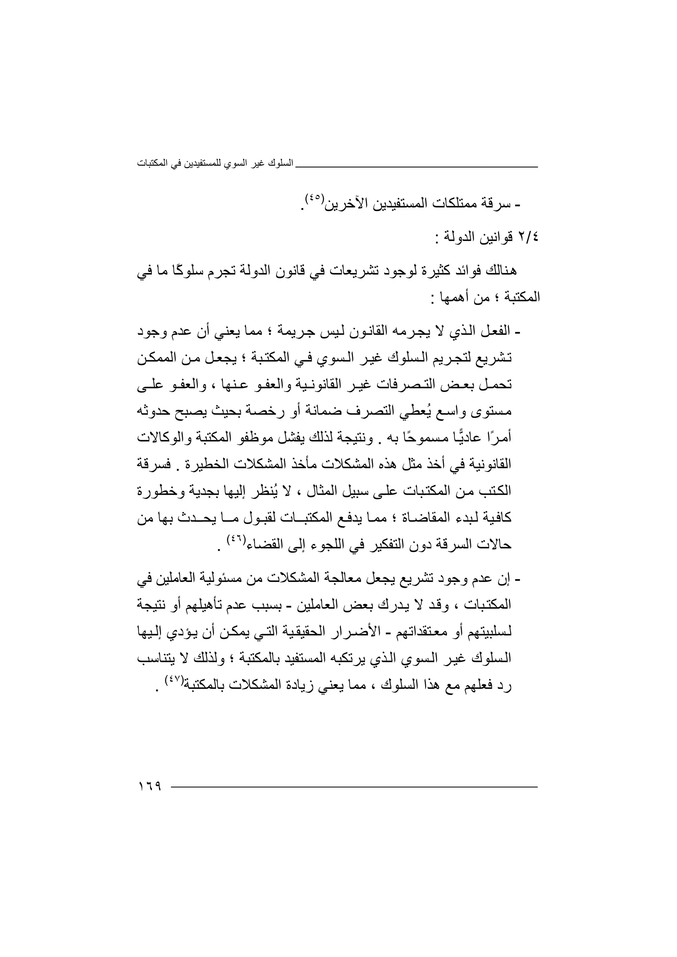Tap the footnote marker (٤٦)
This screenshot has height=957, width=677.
234,540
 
